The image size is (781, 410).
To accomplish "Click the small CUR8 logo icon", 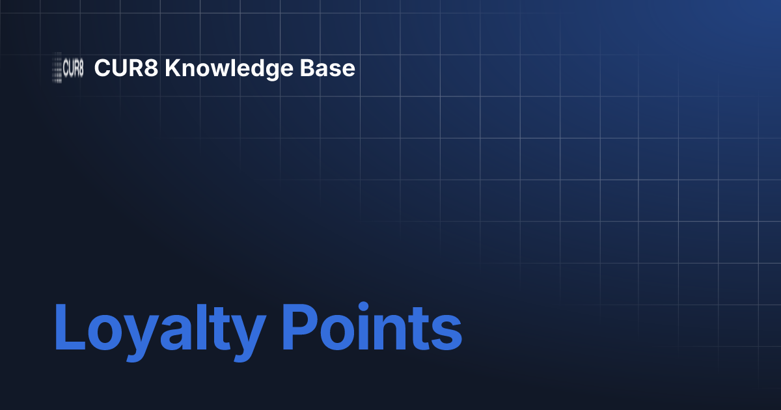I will (68, 68).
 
